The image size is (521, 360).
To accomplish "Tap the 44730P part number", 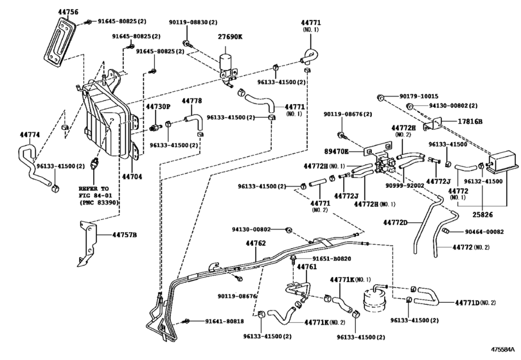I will (157, 106).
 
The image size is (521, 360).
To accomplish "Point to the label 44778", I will (191, 101).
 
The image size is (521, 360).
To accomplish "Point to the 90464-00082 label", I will (480, 232).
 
